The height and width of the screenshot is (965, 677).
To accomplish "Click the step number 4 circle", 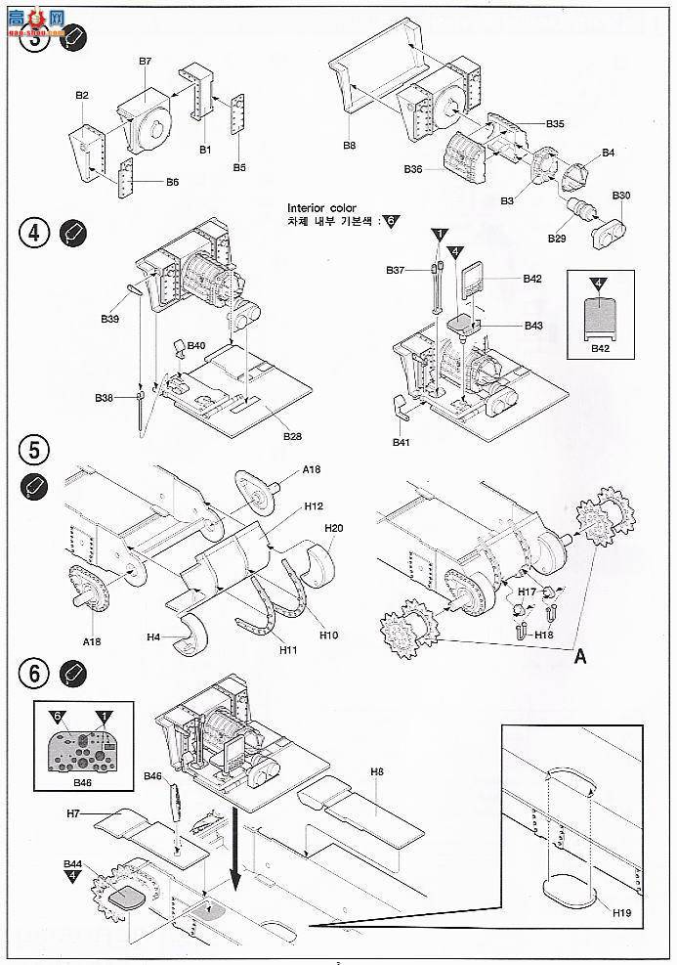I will (x=32, y=236).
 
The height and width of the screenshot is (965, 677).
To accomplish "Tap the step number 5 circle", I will (x=32, y=451).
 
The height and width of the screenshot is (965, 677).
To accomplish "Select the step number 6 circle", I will (x=32, y=674).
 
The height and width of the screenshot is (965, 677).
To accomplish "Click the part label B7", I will (x=145, y=61).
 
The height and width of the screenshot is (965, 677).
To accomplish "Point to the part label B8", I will (x=349, y=146).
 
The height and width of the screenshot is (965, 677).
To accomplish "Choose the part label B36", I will (x=413, y=169).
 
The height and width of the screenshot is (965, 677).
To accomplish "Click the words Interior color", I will (x=322, y=207).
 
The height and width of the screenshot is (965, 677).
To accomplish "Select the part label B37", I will (x=395, y=269).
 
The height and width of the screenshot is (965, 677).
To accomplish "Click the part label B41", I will (x=400, y=443).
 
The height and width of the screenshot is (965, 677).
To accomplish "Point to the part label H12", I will (x=314, y=506).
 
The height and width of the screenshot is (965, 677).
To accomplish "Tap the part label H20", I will (x=334, y=527).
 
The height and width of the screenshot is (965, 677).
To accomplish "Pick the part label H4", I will (x=153, y=637).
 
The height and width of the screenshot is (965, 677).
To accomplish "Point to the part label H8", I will (x=377, y=772).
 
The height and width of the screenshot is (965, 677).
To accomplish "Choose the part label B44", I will (x=73, y=865).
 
